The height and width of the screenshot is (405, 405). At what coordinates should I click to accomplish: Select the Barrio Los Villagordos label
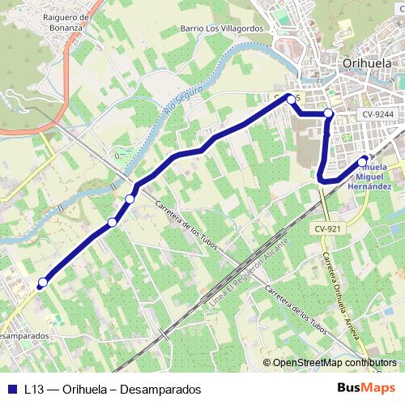coord(217,28)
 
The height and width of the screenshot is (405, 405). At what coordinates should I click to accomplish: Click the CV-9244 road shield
coord(377,115)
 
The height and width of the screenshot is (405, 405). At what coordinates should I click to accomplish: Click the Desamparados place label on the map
coord(23,335)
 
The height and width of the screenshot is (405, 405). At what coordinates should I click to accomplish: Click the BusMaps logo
coord(366,388)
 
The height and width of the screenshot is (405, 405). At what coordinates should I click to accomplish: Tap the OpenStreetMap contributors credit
coord(331,363)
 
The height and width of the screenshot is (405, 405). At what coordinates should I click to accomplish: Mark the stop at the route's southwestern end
coord(42,283)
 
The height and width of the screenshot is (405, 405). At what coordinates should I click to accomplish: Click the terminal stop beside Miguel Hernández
coord(364,160)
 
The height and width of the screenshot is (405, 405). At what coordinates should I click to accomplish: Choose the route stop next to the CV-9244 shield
coord(328,114)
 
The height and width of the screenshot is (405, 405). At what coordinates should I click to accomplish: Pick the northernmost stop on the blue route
coord(292,100)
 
